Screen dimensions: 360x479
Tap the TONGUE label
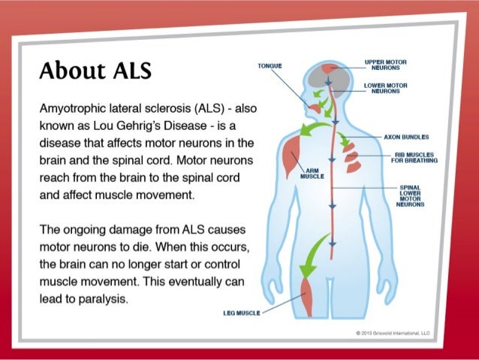click(x=270, y=65)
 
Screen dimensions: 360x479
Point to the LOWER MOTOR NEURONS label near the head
click(x=385, y=89)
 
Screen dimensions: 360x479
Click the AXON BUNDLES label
click(x=406, y=138)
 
